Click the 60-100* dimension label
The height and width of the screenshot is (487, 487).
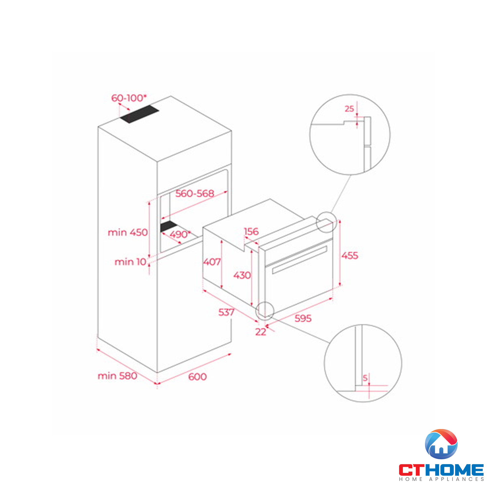[x=129, y=98]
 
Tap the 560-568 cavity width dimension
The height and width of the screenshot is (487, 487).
[x=195, y=193]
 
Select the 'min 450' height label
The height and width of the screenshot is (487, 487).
[x=128, y=232]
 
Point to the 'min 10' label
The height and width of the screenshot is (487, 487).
[x=131, y=262]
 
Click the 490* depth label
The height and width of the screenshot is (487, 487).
[x=180, y=234]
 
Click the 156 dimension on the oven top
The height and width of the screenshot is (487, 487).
[x=251, y=231]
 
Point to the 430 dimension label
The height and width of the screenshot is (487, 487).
[x=242, y=275]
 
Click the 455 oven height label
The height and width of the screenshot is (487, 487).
[x=350, y=256]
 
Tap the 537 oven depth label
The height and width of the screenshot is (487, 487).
[x=226, y=312]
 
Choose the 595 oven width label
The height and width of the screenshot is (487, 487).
[x=303, y=318]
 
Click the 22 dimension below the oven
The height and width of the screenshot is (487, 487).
[x=261, y=332]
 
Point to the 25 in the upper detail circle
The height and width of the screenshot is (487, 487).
[x=349, y=109]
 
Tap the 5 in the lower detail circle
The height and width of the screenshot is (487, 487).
[x=365, y=378]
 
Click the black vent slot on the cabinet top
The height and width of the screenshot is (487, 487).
[x=139, y=114]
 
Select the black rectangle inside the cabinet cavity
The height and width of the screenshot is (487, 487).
[x=169, y=226]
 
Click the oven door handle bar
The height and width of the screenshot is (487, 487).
[x=300, y=260]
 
